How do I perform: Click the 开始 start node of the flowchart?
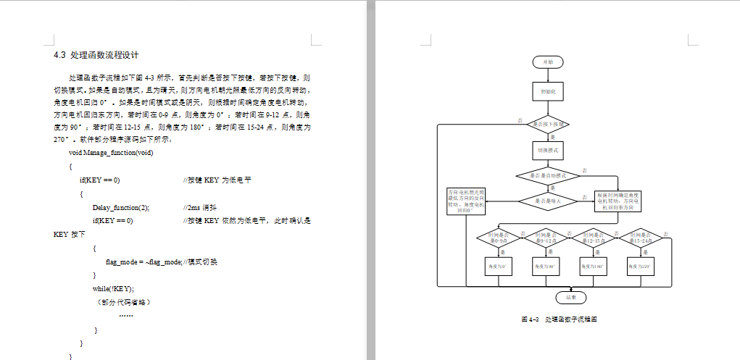pyautogui.click(x=548, y=62)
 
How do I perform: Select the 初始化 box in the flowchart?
pyautogui.click(x=548, y=91)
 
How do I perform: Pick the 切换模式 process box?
pyautogui.click(x=548, y=150)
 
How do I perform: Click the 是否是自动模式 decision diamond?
pyautogui.click(x=548, y=175)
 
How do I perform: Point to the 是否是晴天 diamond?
pyautogui.click(x=548, y=201)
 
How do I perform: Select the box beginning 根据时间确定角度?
pyautogui.click(x=618, y=201)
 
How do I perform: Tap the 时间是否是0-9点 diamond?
pyautogui.click(x=500, y=238)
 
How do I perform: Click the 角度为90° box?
pyautogui.click(x=548, y=267)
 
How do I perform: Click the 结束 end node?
pyautogui.click(x=570, y=297)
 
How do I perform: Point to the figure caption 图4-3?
pyautogui.click(x=559, y=319)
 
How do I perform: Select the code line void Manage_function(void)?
pyautogui.click(x=110, y=153)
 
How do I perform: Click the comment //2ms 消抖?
pyautogui.click(x=199, y=207)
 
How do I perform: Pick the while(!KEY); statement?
pyautogui.click(x=113, y=288)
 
